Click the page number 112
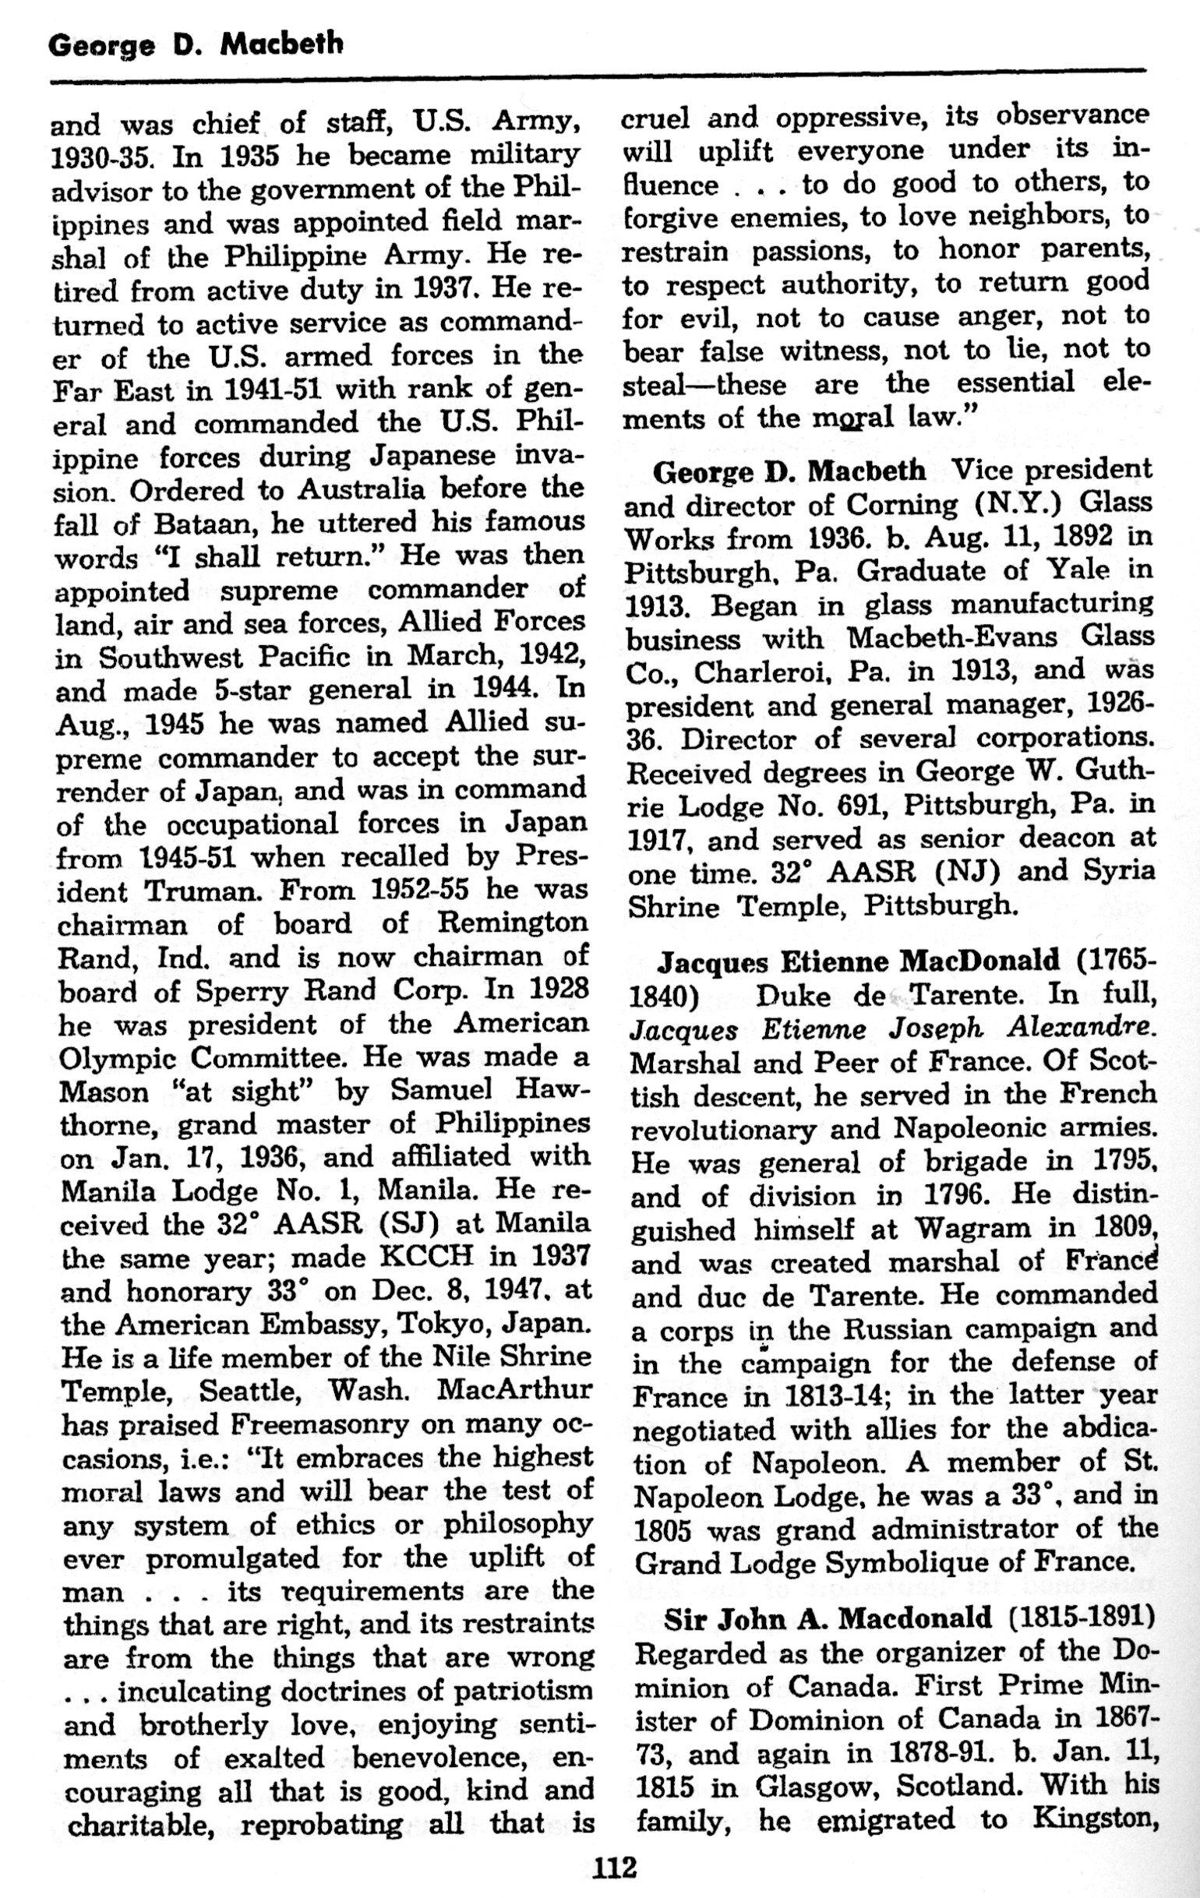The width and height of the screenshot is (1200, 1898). (615, 1868)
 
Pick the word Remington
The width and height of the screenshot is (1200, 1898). (512, 923)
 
